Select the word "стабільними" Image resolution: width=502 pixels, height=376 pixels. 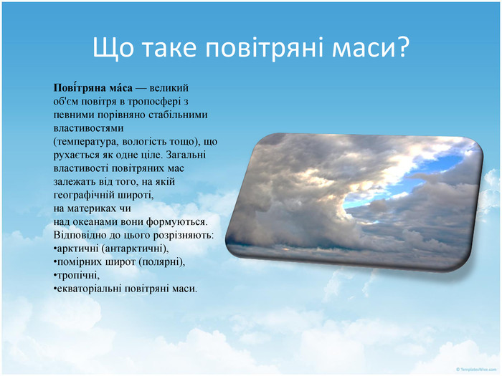178,115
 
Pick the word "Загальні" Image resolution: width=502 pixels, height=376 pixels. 186,155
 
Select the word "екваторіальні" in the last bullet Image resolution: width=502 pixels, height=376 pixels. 90,289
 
